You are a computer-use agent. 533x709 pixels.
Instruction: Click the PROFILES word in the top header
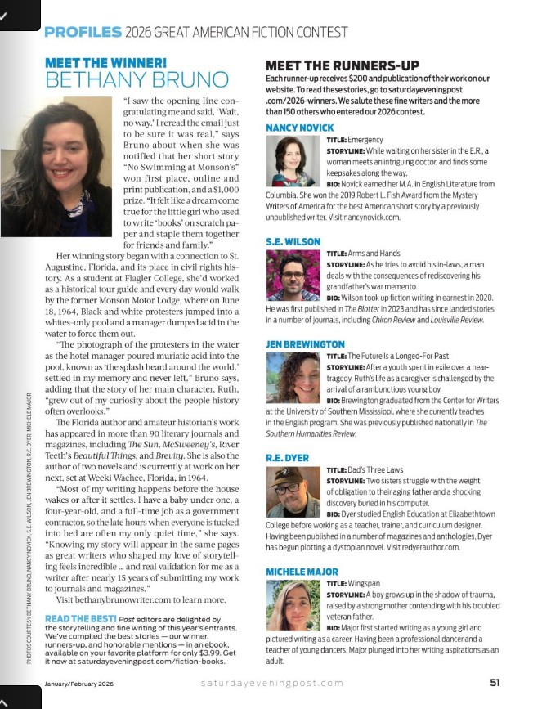coord(82,33)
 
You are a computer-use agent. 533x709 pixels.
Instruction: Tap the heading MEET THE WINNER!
coord(106,62)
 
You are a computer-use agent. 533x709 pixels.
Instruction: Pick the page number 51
coord(495,682)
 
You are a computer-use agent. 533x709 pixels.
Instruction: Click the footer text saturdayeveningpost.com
coord(272,683)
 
